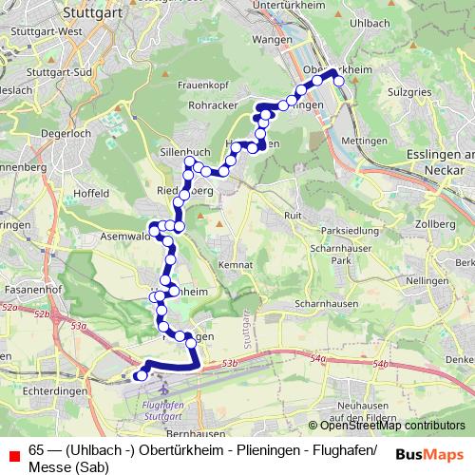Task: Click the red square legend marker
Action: click(13, 451)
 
